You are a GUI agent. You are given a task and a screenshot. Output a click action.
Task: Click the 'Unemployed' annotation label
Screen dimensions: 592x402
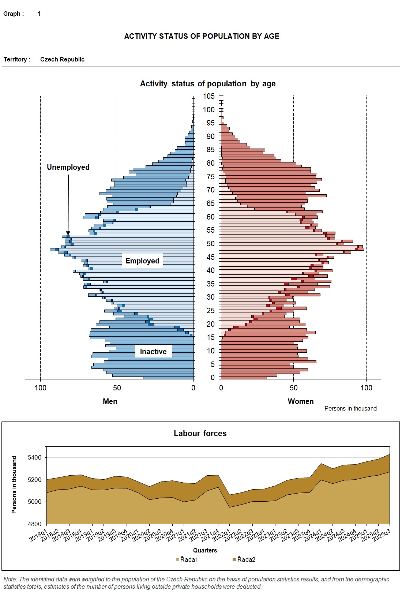pos(68,167)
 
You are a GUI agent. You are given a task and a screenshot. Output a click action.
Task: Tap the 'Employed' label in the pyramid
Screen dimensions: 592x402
pos(142,261)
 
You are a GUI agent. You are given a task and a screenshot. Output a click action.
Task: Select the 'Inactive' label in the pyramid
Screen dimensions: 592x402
pos(153,352)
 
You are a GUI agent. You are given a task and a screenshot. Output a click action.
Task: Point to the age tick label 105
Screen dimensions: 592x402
pos(209,96)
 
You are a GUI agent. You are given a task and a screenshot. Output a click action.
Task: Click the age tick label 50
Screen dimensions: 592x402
pos(210,244)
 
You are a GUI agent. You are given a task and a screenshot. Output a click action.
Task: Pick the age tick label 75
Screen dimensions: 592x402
pos(210,177)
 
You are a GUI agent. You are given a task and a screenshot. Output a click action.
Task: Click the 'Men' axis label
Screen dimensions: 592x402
pos(110,401)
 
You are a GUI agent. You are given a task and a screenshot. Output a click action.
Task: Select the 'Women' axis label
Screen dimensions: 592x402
pos(301,401)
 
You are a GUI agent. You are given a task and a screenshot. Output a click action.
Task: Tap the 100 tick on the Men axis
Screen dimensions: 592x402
pos(40,388)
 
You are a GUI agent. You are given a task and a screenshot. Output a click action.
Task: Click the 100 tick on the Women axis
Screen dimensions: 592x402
pos(367,388)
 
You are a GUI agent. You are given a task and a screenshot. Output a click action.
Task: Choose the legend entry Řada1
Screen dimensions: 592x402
pos(187,559)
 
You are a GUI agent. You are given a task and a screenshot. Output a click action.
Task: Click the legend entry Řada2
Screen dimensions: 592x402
pos(244,559)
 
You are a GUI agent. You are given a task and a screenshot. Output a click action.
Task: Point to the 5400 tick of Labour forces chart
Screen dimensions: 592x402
pos(35,458)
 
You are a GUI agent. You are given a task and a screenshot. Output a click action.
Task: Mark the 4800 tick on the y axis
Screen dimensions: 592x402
pos(35,524)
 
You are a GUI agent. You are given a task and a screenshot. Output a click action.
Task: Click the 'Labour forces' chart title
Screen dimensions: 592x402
pos(200,434)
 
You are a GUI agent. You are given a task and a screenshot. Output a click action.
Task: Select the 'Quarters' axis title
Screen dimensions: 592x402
pos(205,550)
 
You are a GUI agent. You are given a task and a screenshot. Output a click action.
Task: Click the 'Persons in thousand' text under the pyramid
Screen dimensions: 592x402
pos(350,409)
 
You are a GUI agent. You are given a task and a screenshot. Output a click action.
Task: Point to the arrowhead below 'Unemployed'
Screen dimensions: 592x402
pos(68,233)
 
